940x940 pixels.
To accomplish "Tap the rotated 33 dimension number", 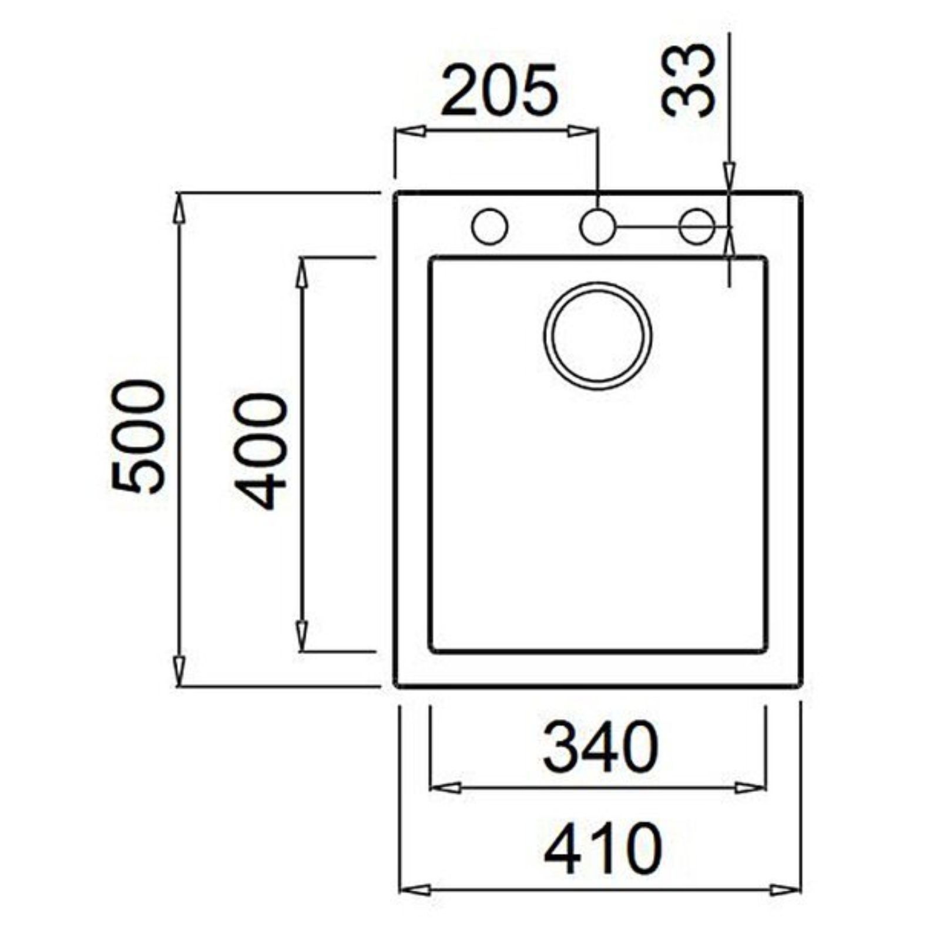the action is pos(689,80).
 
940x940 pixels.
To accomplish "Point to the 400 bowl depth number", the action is pos(260,451).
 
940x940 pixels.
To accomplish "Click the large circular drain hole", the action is pos(597,336).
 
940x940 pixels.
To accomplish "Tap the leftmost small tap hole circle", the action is pos(490,226).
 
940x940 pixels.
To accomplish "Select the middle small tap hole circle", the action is pos(597,226).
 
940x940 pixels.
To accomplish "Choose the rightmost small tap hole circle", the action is pos(697,226).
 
